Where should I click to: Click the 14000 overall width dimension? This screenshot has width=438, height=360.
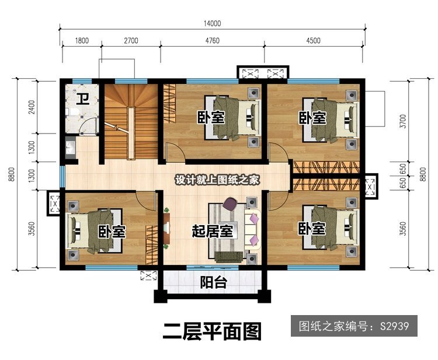coord(213,23)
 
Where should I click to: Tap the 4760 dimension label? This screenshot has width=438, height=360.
coord(213,41)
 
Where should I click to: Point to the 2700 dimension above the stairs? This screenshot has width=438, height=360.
coord(131,41)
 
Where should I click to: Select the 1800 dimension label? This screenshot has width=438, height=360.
coord(82,41)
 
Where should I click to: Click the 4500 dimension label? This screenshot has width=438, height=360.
coord(313,41)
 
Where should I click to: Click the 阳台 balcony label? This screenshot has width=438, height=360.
coord(213,282)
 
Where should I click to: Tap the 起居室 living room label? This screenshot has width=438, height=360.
coord(213,231)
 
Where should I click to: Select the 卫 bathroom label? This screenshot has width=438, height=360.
coord(84,99)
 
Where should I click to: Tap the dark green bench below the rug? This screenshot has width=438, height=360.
coord(229,257)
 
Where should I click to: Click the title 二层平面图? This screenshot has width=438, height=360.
coord(213,331)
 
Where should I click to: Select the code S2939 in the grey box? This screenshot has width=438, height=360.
coord(394,326)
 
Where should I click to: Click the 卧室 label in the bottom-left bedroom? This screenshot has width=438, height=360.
coord(112,231)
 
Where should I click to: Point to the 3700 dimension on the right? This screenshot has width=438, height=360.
coord(403,121)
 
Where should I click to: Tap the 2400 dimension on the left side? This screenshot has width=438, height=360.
coord(32,107)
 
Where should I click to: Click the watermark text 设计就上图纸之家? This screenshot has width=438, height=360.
coord(217,180)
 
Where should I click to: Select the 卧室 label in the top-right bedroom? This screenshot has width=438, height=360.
coord(313,118)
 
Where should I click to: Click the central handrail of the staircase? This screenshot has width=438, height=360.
coord(131,133)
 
